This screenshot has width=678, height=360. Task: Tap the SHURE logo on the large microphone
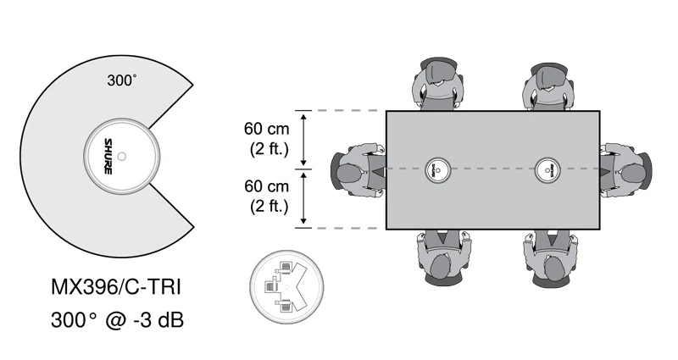[108, 156]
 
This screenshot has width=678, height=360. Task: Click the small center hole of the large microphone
[122, 156]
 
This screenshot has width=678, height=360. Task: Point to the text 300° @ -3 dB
[115, 321]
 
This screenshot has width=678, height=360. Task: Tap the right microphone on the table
[548, 169]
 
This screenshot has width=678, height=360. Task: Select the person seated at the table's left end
[356, 169]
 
